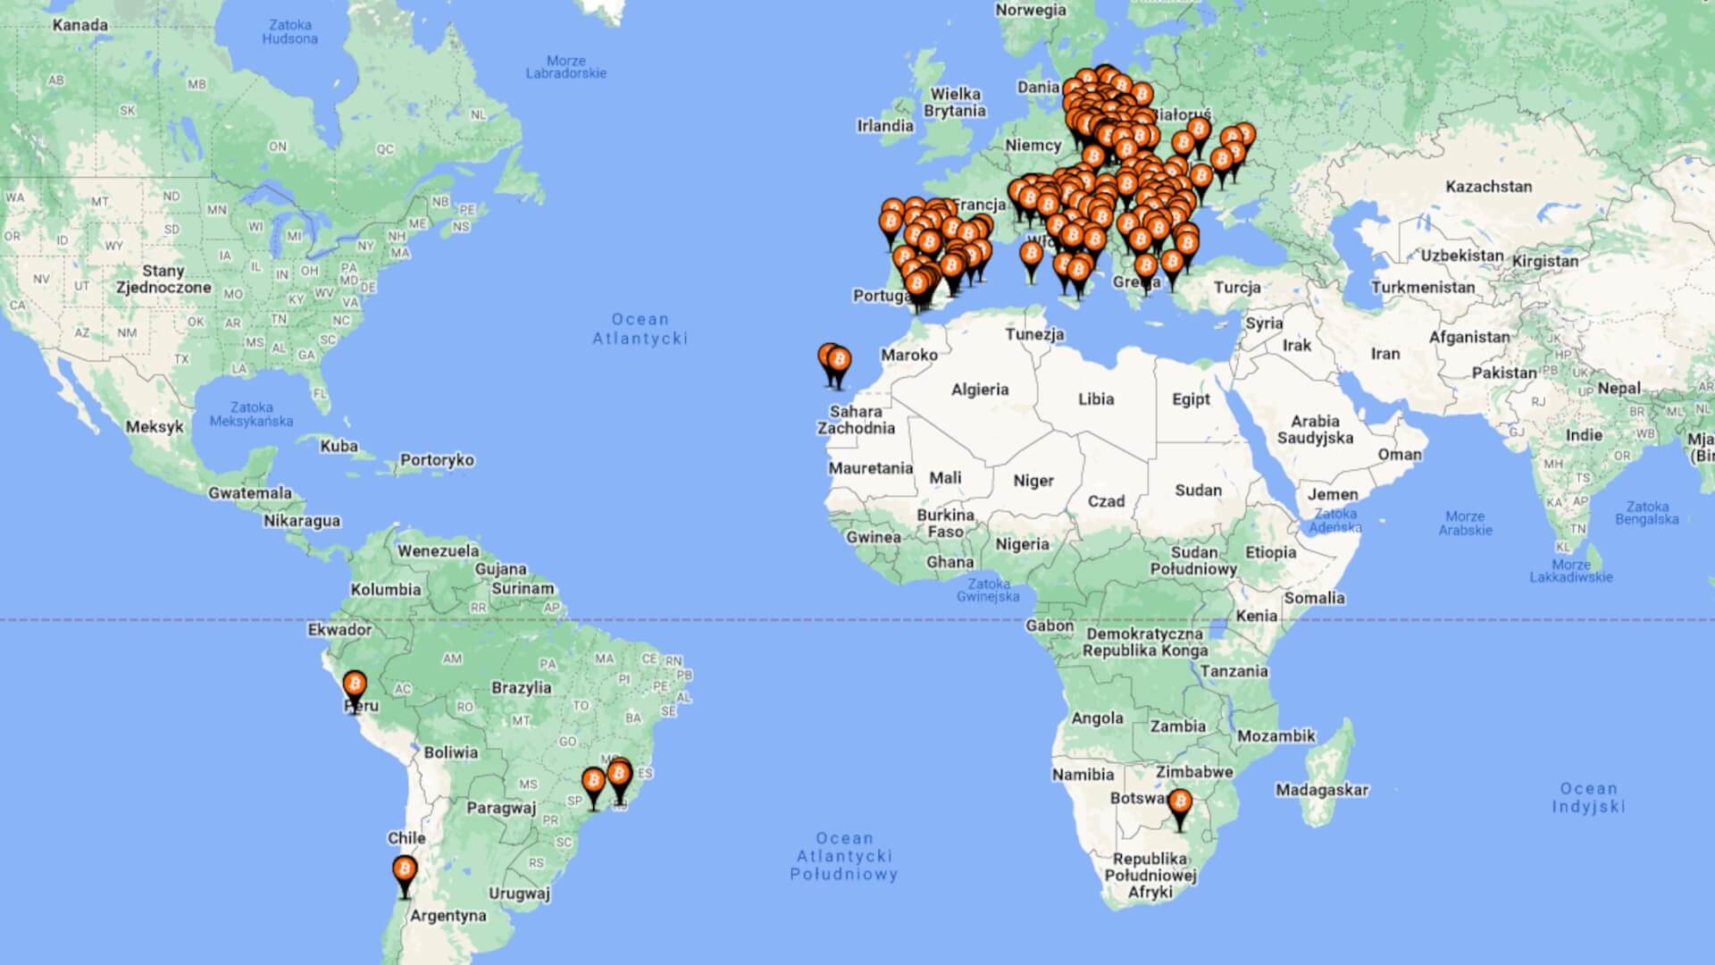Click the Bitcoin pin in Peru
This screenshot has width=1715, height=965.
pyautogui.click(x=355, y=686)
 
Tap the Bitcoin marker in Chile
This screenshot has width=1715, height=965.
pyautogui.click(x=405, y=870)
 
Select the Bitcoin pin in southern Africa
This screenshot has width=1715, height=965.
pyautogui.click(x=1180, y=801)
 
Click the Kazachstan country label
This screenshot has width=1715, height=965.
pyautogui.click(x=1488, y=187)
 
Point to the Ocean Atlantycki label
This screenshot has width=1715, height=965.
pyautogui.click(x=640, y=329)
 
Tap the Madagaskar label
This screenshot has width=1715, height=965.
pyautogui.click(x=1322, y=790)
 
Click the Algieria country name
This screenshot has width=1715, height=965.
pyautogui.click(x=980, y=390)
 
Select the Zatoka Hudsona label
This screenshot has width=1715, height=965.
pyautogui.click(x=289, y=32)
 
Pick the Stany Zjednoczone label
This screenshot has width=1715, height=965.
pyautogui.click(x=163, y=279)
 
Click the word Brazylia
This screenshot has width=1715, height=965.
pyautogui.click(x=522, y=688)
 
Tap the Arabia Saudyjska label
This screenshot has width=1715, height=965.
pyautogui.click(x=1315, y=430)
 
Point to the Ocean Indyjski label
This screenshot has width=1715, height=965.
pyautogui.click(x=1588, y=798)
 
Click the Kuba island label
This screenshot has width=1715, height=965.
pyautogui.click(x=339, y=446)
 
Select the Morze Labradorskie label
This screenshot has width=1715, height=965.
pyautogui.click(x=565, y=67)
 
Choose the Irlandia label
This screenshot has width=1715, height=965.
pyautogui.click(x=885, y=126)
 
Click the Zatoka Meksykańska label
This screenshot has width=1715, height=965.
pyautogui.click(x=251, y=415)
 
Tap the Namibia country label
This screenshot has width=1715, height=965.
pyautogui.click(x=1083, y=775)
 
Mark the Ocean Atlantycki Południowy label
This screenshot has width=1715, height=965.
pyautogui.click(x=844, y=857)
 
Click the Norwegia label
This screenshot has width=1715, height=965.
pyautogui.click(x=1031, y=10)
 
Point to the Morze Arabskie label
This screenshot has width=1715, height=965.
pyautogui.click(x=1465, y=524)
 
